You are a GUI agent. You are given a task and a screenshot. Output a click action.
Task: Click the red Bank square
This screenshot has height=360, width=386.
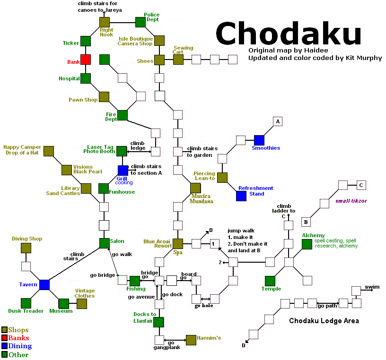86,60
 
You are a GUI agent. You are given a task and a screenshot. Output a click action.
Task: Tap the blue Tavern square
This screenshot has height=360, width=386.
44,285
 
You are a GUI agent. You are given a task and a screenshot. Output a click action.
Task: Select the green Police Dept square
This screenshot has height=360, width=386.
140,22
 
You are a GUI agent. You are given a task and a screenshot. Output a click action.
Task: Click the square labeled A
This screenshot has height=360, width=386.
278,121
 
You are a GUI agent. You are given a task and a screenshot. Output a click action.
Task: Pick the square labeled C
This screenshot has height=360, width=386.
361,185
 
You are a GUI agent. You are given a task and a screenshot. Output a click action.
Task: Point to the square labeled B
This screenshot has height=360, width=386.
306,222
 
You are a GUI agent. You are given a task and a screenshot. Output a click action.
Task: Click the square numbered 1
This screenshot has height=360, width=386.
214,244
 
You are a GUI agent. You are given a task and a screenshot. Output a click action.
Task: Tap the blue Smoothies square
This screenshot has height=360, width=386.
259,140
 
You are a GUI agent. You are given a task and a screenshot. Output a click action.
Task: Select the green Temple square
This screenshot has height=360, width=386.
270,281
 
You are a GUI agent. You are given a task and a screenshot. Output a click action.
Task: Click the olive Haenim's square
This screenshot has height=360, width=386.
191,340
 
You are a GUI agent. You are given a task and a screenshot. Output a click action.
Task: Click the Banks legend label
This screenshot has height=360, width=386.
18,338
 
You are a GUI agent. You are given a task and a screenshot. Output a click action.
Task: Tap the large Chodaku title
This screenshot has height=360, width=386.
288,33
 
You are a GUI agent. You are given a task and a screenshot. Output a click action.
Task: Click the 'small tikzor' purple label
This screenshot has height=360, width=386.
351,201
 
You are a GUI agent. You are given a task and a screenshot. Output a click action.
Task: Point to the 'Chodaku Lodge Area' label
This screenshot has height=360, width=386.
324,321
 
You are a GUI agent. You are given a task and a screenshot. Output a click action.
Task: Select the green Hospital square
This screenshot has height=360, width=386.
86,78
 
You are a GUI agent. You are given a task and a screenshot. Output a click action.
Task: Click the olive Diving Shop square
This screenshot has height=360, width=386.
26,248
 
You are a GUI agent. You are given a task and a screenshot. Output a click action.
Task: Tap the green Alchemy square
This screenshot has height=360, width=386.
307,244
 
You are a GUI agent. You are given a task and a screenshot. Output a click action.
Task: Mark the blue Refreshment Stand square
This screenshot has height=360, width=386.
241,196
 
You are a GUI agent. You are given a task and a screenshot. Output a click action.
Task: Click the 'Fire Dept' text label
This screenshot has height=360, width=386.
111,117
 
